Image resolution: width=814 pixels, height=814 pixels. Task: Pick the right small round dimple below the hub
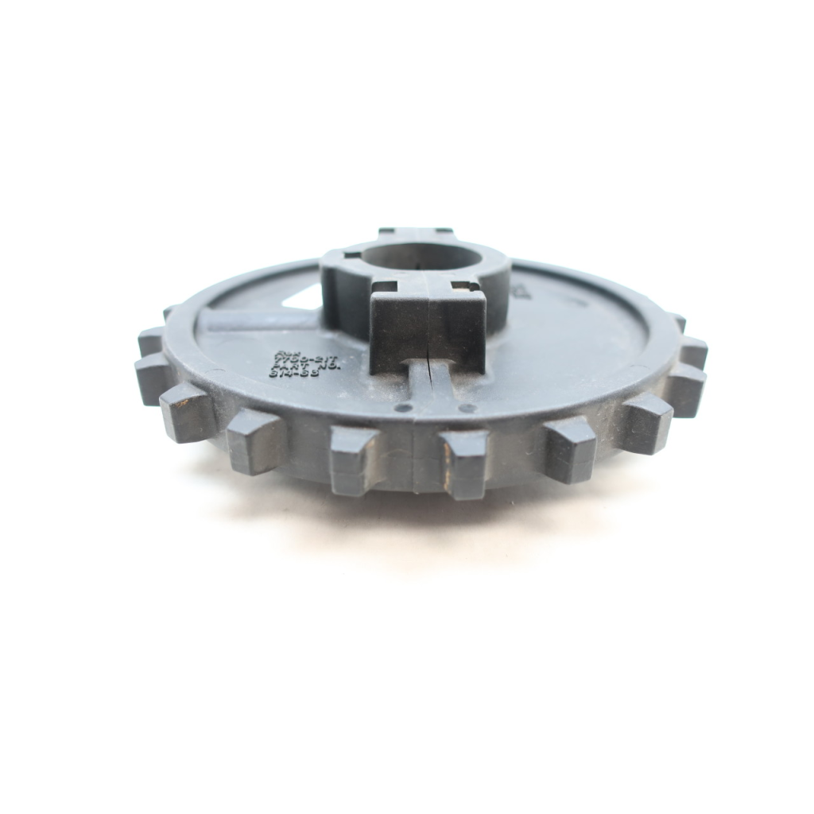pyautogui.click(x=467, y=409)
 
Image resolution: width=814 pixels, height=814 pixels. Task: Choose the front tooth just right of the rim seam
pyautogui.click(x=463, y=463)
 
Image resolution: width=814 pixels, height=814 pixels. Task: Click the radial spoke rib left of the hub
pyautogui.click(x=254, y=320)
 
